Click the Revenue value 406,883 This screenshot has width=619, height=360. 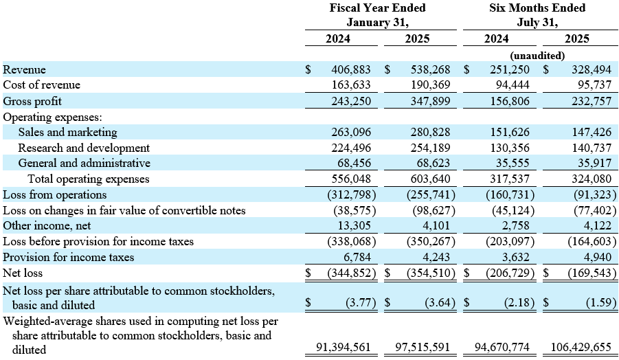pyautogui.click(x=351, y=69)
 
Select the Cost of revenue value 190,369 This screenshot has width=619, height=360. pyautogui.click(x=430, y=85)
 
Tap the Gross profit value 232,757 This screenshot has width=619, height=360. pyautogui.click(x=592, y=101)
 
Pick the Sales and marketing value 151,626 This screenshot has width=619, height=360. pyautogui.click(x=510, y=132)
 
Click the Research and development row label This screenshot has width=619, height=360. pyautogui.click(x=84, y=148)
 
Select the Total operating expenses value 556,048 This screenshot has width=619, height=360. pyautogui.click(x=351, y=179)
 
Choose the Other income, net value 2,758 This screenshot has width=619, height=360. pyautogui.click(x=515, y=225)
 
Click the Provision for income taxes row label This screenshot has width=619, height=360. pyautogui.click(x=68, y=257)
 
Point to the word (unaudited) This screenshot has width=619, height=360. pyautogui.click(x=537, y=55)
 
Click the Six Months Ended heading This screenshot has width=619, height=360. pyautogui.click(x=537, y=8)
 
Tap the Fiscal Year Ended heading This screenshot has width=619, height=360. pyautogui.click(x=378, y=8)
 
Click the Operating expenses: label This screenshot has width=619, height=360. pyautogui.click(x=52, y=117)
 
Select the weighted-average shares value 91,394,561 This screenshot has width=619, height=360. pyautogui.click(x=344, y=347)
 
